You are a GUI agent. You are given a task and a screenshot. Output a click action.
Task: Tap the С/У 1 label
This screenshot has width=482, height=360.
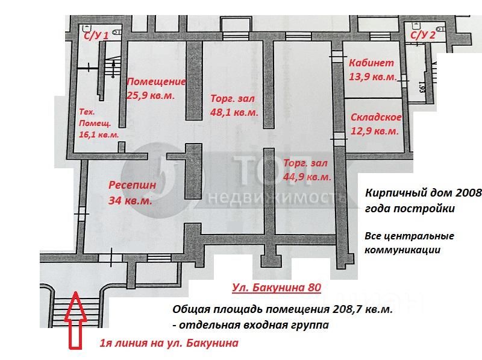pos(96,36)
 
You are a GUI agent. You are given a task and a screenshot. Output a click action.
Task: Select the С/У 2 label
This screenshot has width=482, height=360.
pos(423,35)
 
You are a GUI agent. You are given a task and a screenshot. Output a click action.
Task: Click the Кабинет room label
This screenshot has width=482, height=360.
pos(371,63)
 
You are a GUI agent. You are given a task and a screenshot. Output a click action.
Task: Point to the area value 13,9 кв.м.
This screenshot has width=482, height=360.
pos(372,77)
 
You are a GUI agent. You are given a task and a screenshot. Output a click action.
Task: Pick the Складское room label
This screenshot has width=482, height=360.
pos(376,117)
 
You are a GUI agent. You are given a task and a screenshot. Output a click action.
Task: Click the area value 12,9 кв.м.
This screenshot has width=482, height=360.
pos(375,131)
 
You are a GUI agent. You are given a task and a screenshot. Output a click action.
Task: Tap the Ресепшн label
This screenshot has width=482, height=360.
pos(132,186)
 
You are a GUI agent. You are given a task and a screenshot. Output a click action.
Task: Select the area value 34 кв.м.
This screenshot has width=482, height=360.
pos(130,201)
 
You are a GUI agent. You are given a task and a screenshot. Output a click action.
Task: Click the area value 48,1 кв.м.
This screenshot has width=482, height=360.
pos(234,112)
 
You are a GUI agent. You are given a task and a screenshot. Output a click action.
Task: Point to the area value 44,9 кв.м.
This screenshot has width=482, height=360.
pos(307,177)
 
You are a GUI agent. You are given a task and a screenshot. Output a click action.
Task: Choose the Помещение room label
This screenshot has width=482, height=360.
pos(157,82)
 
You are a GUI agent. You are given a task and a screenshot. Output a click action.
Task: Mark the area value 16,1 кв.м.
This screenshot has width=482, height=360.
pos(99,134)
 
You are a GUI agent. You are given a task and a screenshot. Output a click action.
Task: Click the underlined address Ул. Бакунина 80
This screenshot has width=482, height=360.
pos(277,288)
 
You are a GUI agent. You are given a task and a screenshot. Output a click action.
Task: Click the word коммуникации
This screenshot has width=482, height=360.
pos(402,250)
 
